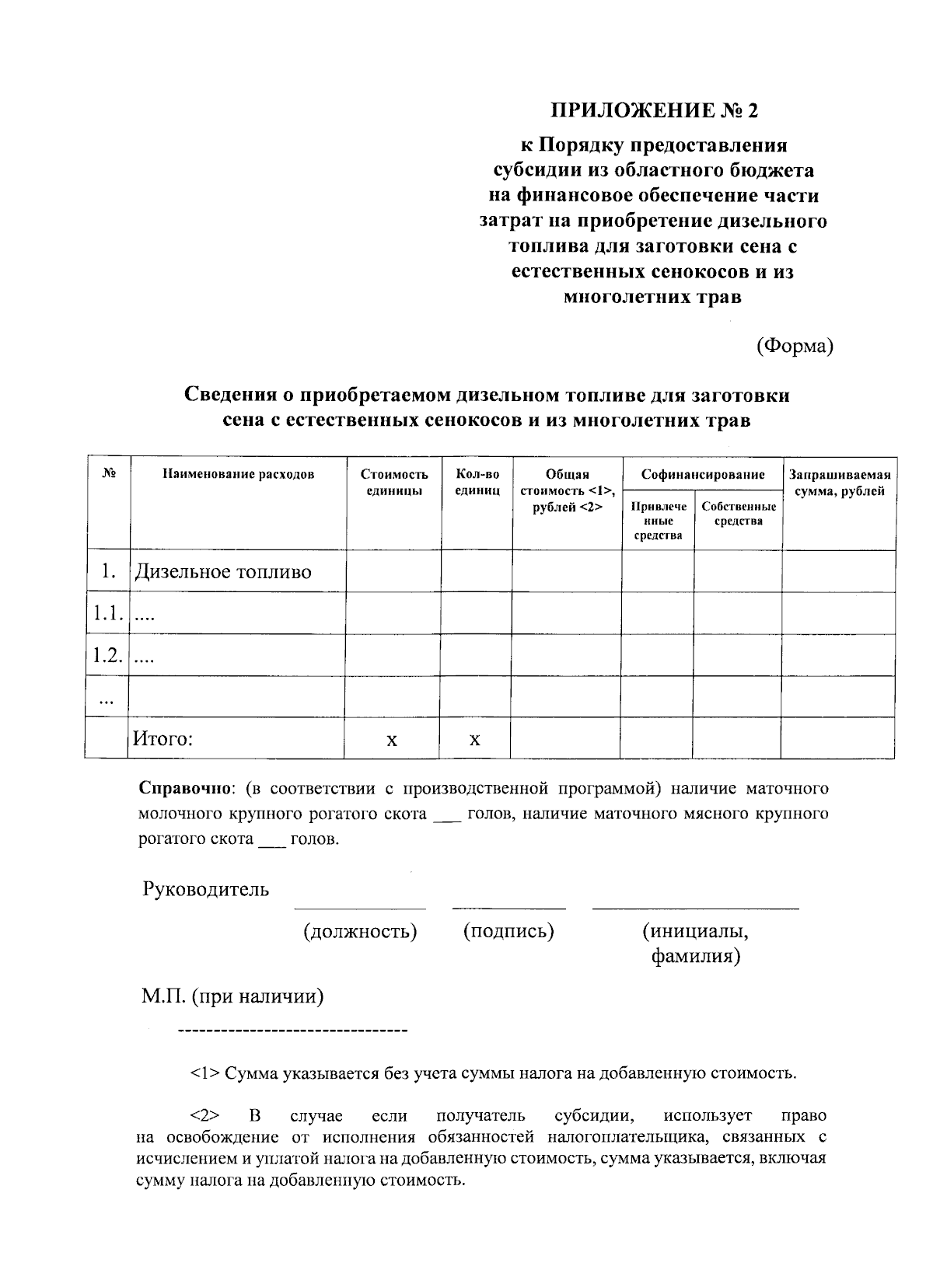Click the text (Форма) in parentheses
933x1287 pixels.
(795, 346)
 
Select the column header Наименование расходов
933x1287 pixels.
(238, 474)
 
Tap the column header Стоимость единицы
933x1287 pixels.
(394, 482)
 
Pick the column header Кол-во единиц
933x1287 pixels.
(477, 482)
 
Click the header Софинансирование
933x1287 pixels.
(702, 474)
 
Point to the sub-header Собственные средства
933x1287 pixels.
(738, 514)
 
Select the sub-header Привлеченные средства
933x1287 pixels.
(658, 521)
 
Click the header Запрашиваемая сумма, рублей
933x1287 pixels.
(839, 482)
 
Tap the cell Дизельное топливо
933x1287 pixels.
(223, 572)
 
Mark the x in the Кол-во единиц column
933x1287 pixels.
(474, 739)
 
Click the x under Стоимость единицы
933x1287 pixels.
(392, 739)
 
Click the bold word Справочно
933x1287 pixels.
(185, 788)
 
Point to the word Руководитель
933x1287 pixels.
(205, 889)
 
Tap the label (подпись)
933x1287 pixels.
(508, 930)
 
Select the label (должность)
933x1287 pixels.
(360, 930)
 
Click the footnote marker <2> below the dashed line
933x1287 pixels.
(201, 1116)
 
